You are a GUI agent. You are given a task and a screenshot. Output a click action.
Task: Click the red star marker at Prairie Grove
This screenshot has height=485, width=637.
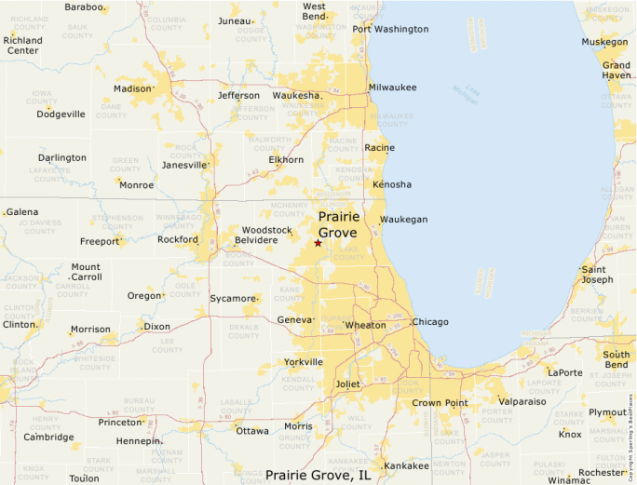click(x=318, y=243)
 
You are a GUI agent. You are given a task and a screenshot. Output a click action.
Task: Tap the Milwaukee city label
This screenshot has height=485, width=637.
click(x=393, y=87)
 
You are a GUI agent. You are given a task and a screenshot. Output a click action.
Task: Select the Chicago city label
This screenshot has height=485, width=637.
click(x=430, y=322)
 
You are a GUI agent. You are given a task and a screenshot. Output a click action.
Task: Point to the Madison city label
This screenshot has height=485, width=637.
click(x=131, y=89)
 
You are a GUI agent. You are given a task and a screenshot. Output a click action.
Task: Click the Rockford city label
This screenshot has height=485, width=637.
click(x=178, y=239)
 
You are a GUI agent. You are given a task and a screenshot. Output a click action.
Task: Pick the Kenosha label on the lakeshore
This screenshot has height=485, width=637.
click(x=391, y=184)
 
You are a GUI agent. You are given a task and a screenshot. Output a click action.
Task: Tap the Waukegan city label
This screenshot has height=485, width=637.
click(x=405, y=220)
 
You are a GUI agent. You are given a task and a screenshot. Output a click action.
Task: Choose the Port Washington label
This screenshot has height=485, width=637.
click(x=390, y=29)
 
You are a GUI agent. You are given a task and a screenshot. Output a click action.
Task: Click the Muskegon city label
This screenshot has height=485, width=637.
click(x=604, y=43)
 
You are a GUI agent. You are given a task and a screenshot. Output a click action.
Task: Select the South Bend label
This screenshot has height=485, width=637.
click(x=616, y=360)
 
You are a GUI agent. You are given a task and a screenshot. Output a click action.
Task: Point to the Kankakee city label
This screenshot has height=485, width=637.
click(x=406, y=465)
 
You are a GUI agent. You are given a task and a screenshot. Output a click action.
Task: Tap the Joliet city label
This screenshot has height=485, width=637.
click(x=347, y=383)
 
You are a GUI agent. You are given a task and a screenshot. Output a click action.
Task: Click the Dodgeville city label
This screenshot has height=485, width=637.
click(x=61, y=115)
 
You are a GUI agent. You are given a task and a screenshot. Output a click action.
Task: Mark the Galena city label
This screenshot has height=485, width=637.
click(x=22, y=212)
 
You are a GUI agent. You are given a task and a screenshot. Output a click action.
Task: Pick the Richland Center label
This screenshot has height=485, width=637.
click(x=23, y=45)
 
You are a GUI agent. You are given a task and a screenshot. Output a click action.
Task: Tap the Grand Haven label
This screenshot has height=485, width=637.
click(x=616, y=70)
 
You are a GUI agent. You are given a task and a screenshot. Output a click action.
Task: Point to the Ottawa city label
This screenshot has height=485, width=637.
click(x=251, y=431)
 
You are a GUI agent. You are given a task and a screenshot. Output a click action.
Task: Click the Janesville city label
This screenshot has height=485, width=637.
click(x=183, y=165)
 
